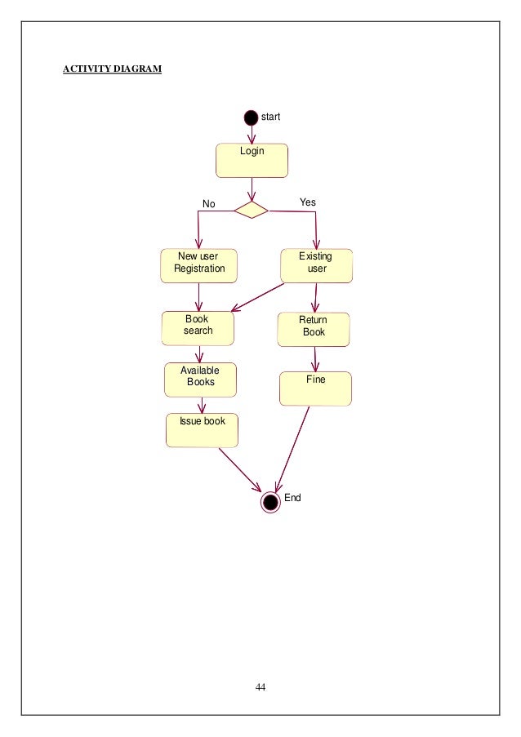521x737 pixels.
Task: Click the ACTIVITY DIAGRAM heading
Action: (x=113, y=68)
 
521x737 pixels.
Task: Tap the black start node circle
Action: (x=251, y=118)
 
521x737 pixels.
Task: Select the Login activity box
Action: (x=252, y=160)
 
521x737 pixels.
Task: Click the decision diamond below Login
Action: (x=251, y=210)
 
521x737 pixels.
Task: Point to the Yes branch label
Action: (x=308, y=202)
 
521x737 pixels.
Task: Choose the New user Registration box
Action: (x=199, y=265)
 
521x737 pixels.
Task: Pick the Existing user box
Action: (x=316, y=265)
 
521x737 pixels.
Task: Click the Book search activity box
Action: (x=198, y=328)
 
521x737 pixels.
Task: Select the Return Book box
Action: (x=314, y=329)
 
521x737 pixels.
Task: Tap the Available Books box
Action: (x=200, y=379)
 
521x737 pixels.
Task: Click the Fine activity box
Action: (x=315, y=388)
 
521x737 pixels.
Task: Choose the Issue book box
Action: (x=202, y=429)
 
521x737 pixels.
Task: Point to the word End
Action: (x=292, y=497)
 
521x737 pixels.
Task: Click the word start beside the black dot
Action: (x=270, y=117)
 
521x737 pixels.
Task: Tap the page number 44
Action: (x=260, y=686)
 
